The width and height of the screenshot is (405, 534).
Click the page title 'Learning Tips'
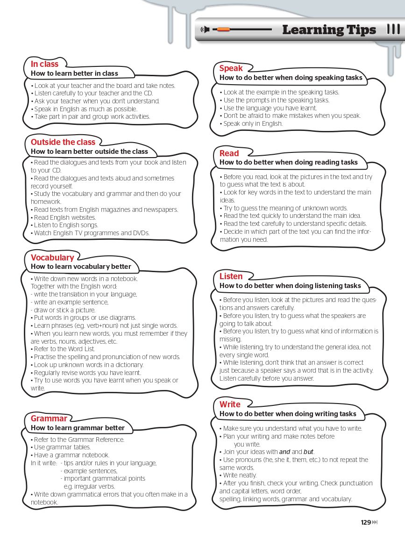329,30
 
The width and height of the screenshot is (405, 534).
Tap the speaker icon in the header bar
204,30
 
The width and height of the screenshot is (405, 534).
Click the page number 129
366,522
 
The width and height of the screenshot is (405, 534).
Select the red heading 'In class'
45,64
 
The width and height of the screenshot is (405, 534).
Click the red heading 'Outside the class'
63,142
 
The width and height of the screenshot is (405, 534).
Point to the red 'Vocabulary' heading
52,258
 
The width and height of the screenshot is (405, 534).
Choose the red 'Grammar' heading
49,419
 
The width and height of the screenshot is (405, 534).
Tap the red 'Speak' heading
231,68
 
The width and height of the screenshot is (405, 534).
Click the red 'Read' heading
229,153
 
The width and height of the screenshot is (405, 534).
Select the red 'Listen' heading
231,276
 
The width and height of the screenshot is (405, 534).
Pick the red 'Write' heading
230,404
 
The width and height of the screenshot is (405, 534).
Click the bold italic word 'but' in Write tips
308,452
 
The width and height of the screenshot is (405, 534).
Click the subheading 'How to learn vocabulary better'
81,267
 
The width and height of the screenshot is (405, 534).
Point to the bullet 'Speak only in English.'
253,124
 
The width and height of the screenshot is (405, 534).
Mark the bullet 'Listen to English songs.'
66,225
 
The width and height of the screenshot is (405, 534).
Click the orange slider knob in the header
223,29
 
